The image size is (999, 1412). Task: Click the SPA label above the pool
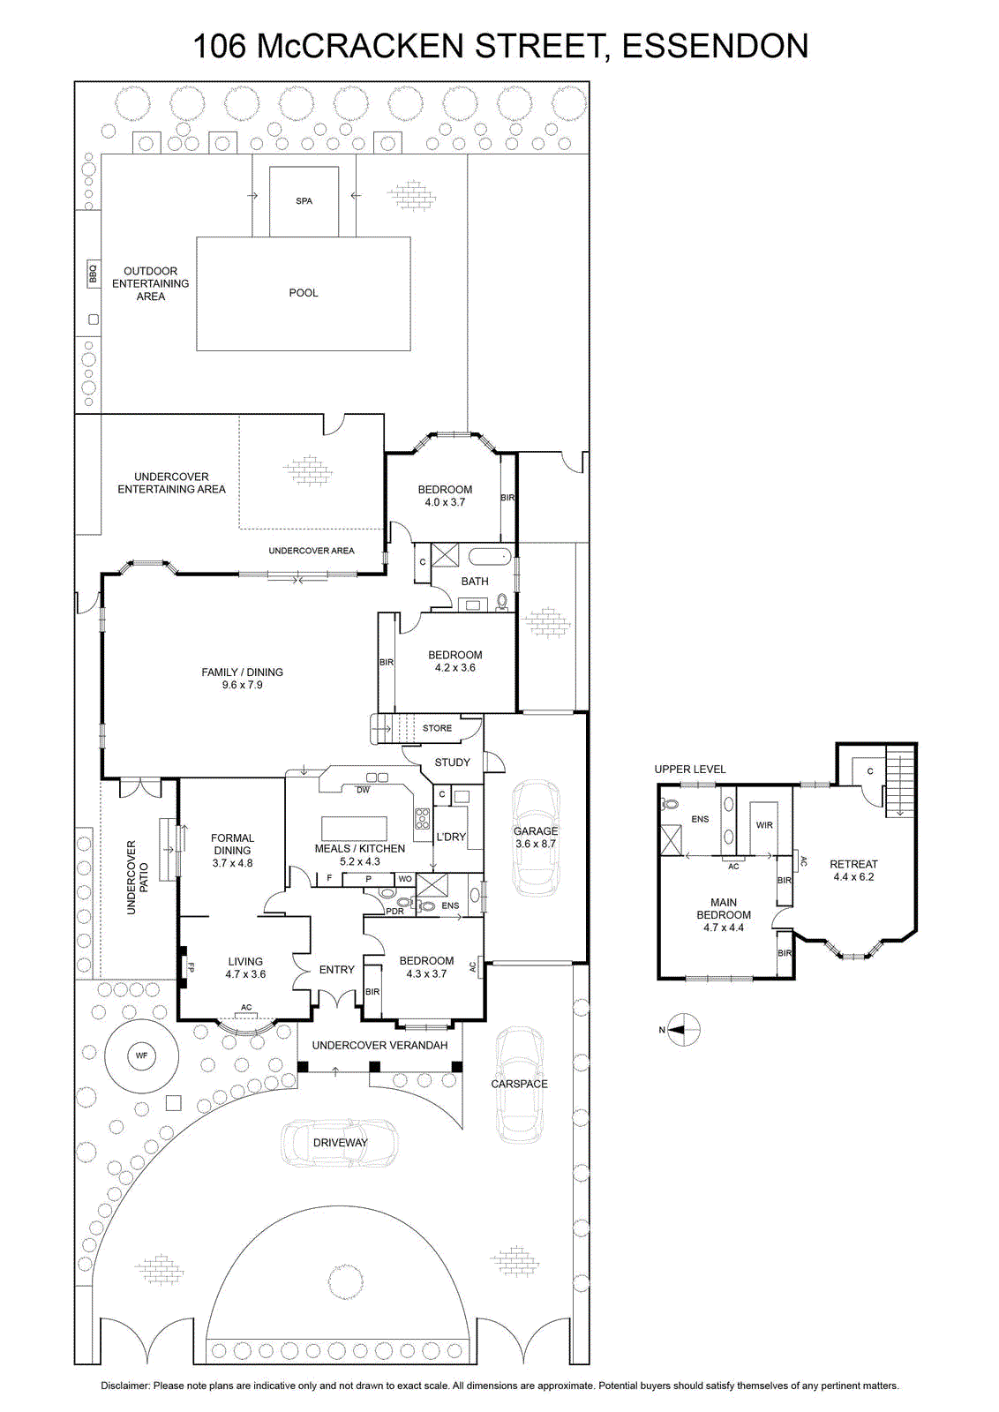304,201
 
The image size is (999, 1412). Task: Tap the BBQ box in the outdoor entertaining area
93,274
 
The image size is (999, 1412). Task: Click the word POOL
304,292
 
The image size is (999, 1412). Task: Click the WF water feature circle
141,1055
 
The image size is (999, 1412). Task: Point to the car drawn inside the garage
535,837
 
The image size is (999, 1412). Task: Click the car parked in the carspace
519,1085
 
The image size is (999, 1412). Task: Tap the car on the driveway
340,1142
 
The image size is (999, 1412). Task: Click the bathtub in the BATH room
489,557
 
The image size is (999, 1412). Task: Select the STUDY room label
452,762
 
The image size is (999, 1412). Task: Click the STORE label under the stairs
437,728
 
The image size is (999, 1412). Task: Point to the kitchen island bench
354,825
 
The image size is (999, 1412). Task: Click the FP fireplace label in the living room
191,965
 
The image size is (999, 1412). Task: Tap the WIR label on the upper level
764,825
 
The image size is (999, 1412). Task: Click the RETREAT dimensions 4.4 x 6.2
853,877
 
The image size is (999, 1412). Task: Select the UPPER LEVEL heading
689,769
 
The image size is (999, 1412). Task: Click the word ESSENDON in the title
715,46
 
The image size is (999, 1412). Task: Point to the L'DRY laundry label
451,837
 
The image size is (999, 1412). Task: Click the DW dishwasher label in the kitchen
363,790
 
